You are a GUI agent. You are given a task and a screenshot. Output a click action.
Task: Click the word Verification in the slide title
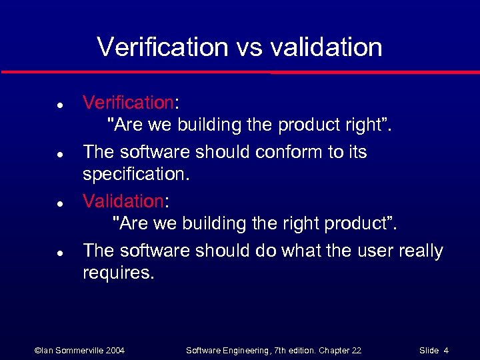tap(163, 47)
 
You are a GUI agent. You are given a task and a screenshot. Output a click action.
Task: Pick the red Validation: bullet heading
tap(123, 201)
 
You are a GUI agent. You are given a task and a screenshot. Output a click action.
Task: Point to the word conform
tap(290, 152)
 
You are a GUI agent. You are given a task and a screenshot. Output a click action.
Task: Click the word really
tap(421, 251)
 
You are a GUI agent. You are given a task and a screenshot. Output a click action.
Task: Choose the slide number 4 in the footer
tap(446, 351)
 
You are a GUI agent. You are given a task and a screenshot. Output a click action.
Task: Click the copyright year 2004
tap(115, 351)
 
